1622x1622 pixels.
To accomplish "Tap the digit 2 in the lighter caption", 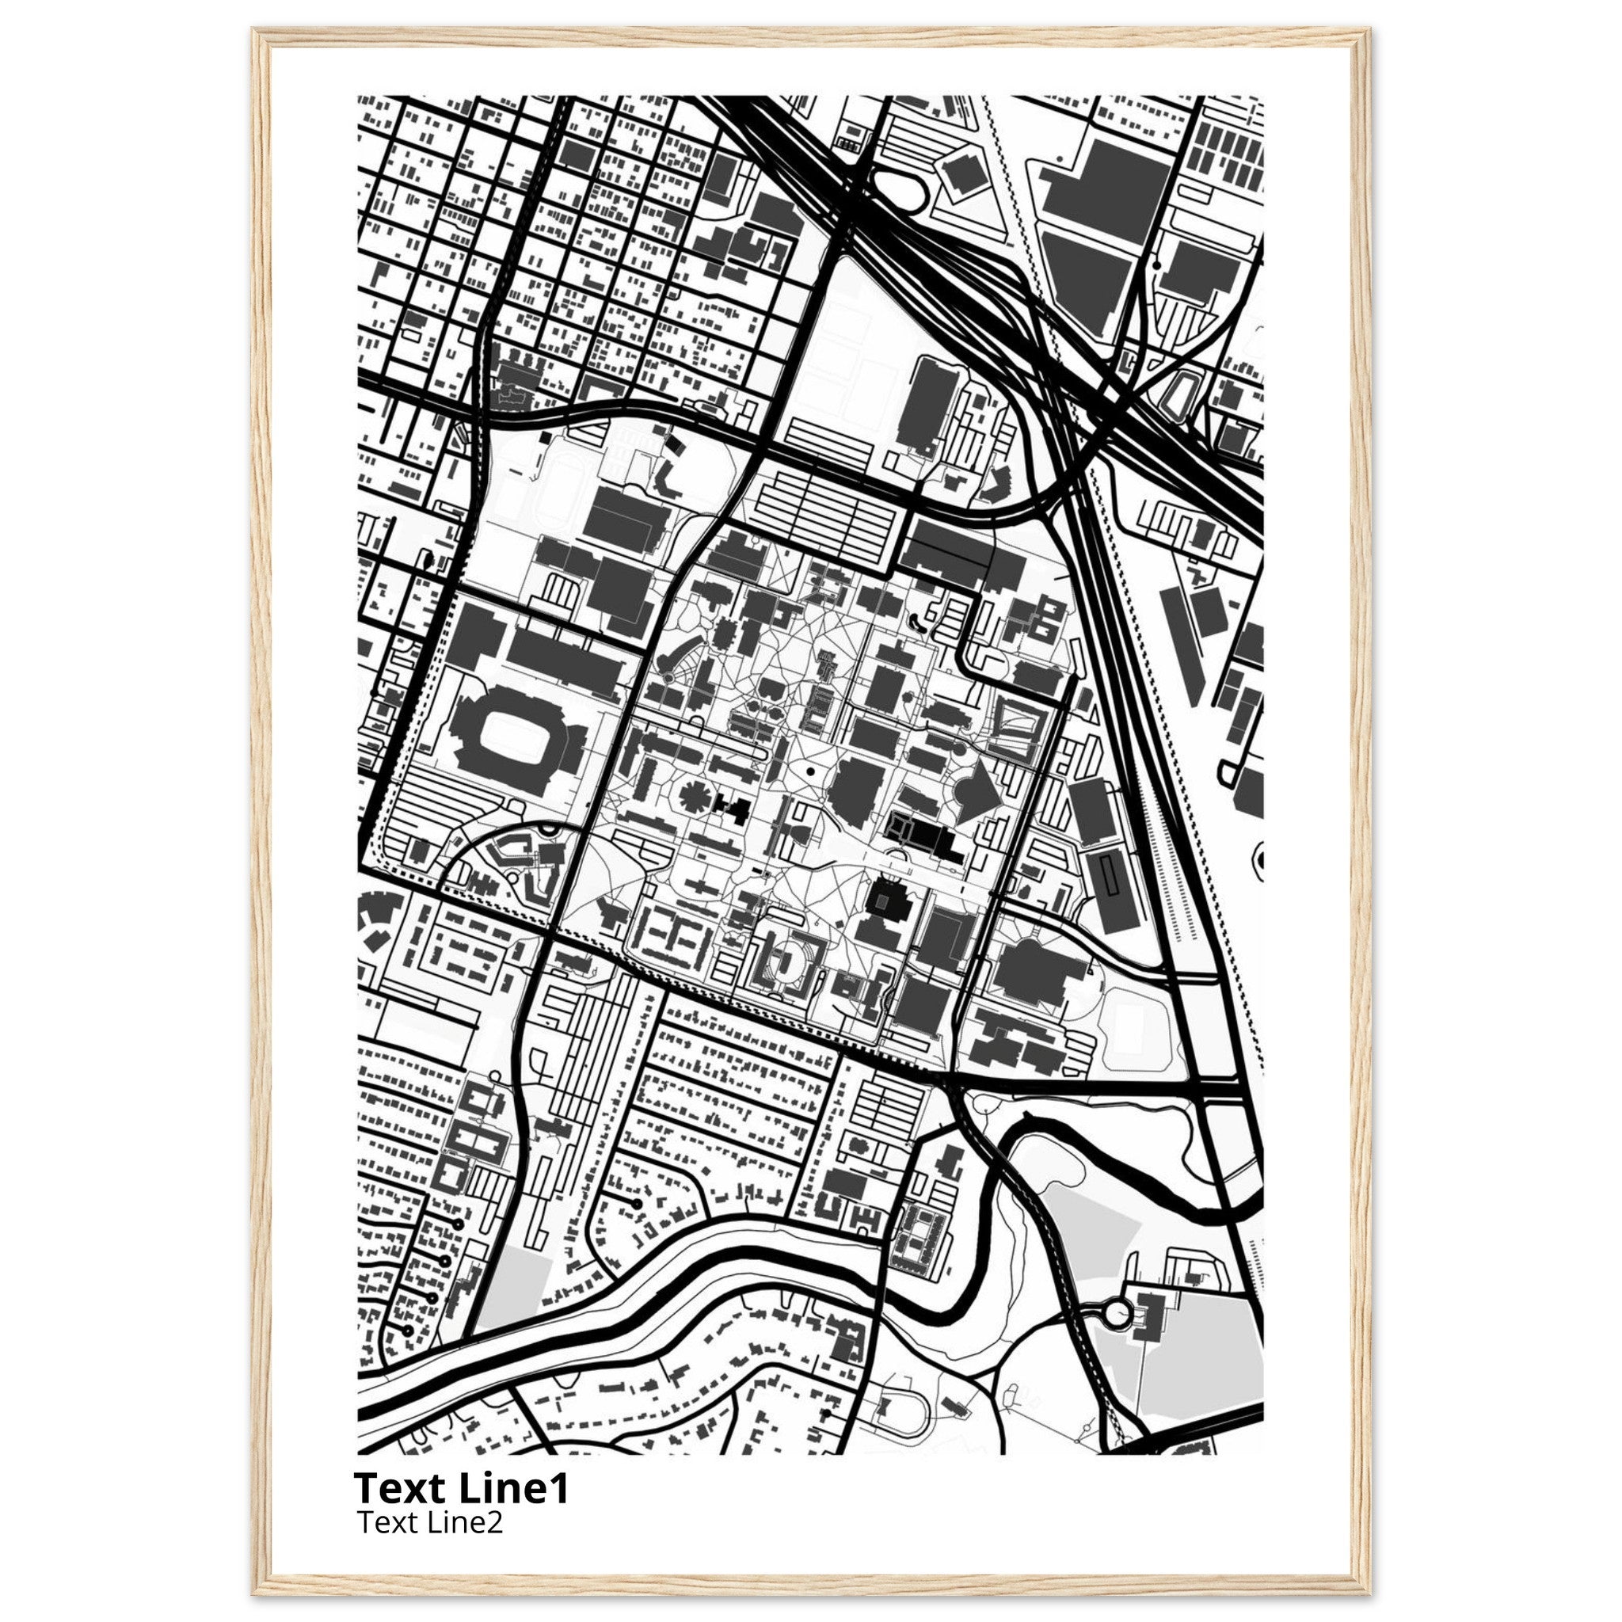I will click(x=494, y=1522).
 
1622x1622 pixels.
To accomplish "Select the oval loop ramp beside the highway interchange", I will click(x=900, y=192).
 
